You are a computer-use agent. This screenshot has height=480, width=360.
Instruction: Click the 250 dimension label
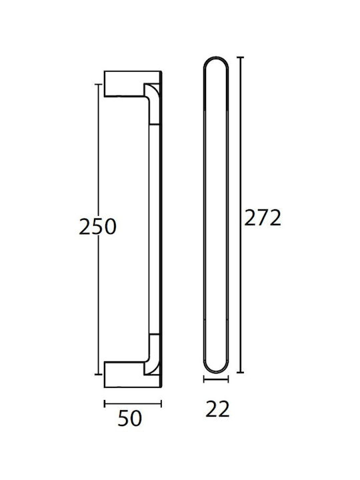[x=97, y=227]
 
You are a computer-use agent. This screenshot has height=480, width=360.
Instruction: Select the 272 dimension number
[x=263, y=218]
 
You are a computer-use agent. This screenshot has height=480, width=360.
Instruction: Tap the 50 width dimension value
[x=130, y=419]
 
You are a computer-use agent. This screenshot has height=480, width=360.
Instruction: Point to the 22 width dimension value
[x=217, y=409]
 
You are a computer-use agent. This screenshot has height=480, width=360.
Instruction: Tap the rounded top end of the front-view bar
[x=216, y=57]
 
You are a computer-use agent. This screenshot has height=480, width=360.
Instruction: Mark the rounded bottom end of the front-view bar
[x=216, y=372]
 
